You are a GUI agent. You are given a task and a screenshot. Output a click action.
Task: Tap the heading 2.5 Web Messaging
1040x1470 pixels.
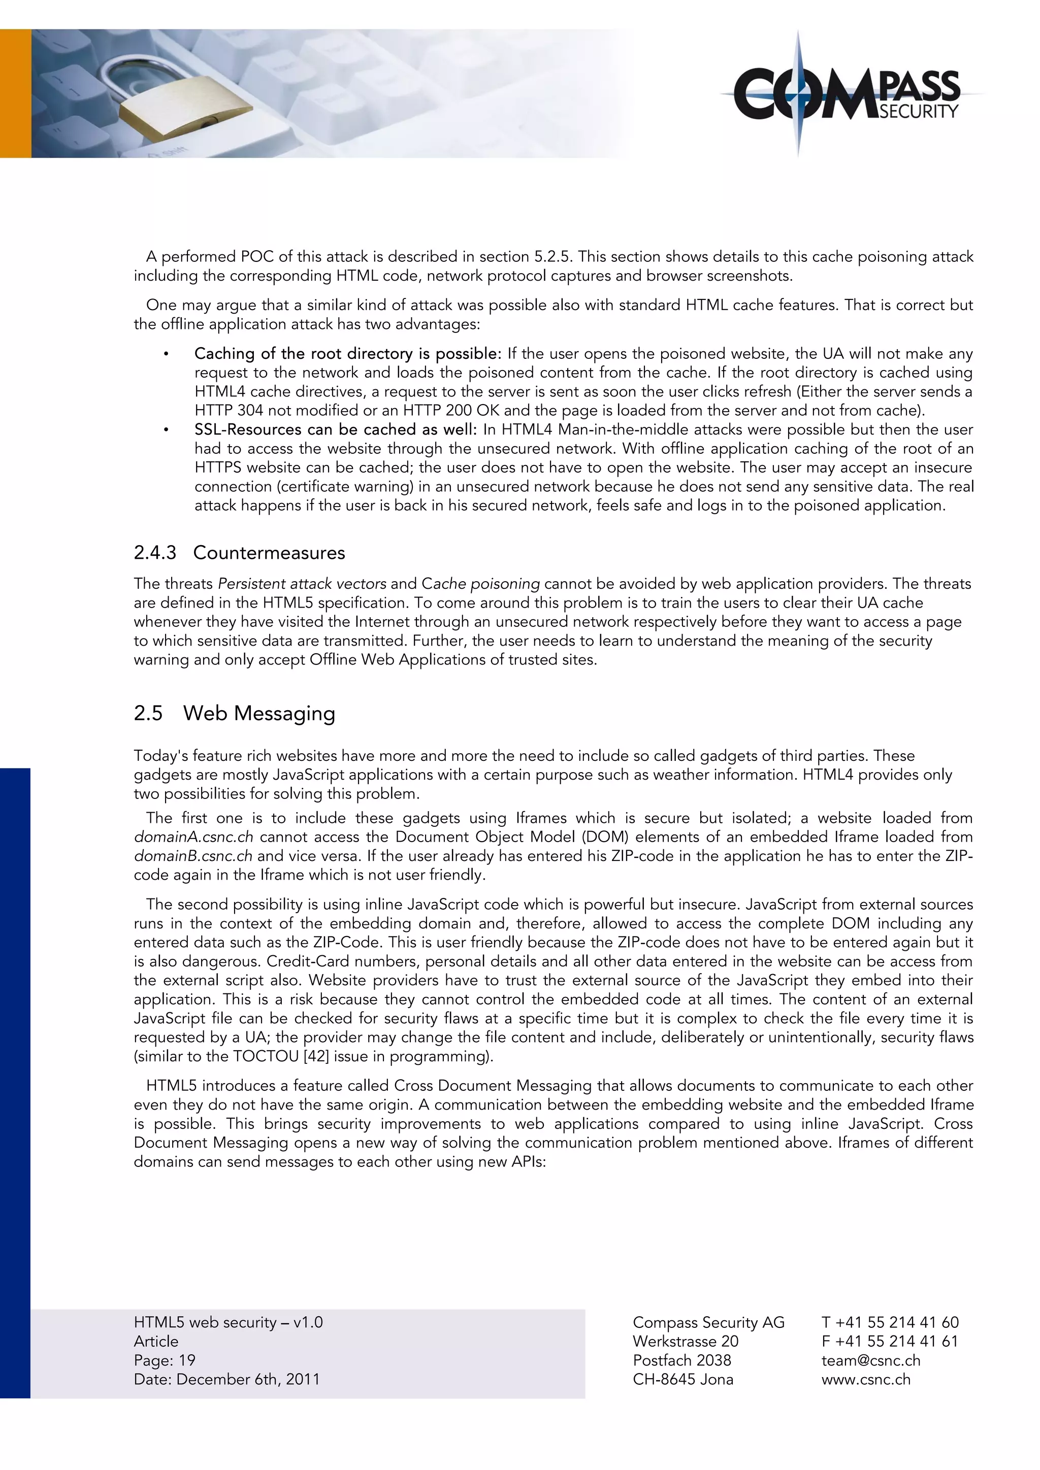[235, 713]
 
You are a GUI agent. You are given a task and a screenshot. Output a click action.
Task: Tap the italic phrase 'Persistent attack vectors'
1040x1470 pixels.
[302, 584]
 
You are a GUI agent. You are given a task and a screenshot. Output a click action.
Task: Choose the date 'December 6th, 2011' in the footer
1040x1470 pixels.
[248, 1379]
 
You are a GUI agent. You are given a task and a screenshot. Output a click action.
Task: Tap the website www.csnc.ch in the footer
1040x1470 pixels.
[865, 1379]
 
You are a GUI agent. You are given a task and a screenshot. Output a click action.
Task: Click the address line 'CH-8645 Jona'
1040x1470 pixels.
[682, 1379]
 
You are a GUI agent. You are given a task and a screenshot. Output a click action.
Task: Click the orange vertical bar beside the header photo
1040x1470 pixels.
[15, 93]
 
